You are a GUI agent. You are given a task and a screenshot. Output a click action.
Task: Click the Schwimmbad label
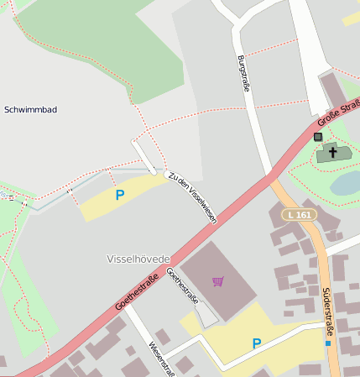[x=30, y=110]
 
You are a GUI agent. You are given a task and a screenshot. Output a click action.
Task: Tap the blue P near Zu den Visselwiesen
[x=119, y=195]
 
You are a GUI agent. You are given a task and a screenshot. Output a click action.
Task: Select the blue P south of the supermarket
[x=257, y=343]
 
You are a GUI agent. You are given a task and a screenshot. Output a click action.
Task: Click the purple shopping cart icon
[x=218, y=281]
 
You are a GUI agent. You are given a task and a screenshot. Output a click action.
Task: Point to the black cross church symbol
[x=333, y=152]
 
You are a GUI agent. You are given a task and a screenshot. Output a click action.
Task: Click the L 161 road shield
[x=300, y=215]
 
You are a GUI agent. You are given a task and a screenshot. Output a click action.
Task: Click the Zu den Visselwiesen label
[x=192, y=198]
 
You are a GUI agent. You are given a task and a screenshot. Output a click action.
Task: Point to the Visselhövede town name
[x=138, y=258]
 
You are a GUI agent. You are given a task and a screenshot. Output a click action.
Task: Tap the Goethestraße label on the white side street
[x=183, y=287]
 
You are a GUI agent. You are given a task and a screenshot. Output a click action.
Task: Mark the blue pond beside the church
[x=346, y=182]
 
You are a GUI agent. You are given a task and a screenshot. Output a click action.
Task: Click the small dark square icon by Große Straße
[x=317, y=136]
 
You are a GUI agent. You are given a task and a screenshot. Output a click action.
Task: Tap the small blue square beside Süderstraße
[x=327, y=343]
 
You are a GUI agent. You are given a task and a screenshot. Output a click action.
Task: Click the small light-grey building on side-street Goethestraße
[x=205, y=314]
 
